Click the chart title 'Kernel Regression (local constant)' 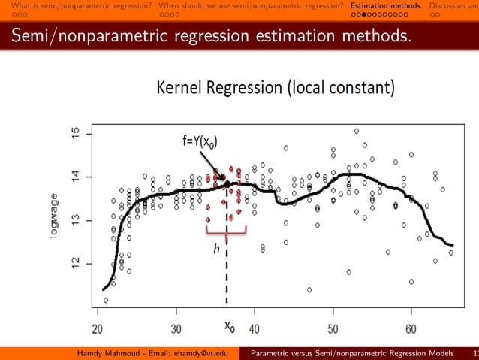click(275, 89)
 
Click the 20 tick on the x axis click(98, 328)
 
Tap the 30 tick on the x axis click(176, 328)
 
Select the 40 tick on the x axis click(255, 328)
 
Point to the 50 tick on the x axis click(333, 328)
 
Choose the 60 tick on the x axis click(411, 328)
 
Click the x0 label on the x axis click(229, 327)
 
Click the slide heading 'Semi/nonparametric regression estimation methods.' click(206, 35)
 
